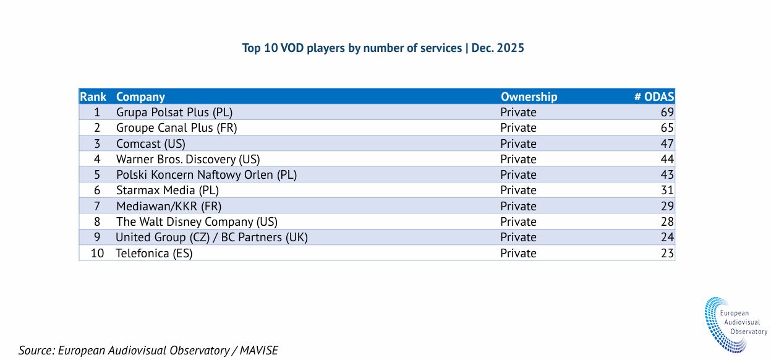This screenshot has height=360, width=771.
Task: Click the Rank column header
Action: coord(93,96)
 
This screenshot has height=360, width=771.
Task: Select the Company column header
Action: coord(140,97)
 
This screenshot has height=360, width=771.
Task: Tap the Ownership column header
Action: coord(529,97)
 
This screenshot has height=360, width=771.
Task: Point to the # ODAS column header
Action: coord(654,96)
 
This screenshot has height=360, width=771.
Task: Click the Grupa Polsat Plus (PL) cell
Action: coord(174,113)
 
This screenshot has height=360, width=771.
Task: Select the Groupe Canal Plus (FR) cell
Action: coord(177,128)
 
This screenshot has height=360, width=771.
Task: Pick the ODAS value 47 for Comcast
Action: coord(667,144)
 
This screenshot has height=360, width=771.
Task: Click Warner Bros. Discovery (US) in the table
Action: coord(188,160)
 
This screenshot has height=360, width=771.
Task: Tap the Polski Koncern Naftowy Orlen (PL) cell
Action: coord(207,175)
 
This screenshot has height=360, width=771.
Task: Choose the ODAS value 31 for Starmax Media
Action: coord(667,190)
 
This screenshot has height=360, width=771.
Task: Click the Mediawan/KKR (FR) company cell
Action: coord(169,207)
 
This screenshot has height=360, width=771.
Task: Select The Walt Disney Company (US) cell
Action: coord(197,222)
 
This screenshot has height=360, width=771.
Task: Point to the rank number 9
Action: coord(97,238)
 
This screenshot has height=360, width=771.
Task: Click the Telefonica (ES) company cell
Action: coord(154,254)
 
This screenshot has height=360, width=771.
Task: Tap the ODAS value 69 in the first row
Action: coord(667,113)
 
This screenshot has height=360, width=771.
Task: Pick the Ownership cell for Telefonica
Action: coord(518,254)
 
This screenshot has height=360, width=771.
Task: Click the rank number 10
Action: coord(97,254)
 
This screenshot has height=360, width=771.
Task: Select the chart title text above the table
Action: coord(383,48)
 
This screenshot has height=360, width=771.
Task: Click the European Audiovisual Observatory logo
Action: coord(735,325)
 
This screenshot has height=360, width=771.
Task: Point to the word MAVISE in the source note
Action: coord(259,350)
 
